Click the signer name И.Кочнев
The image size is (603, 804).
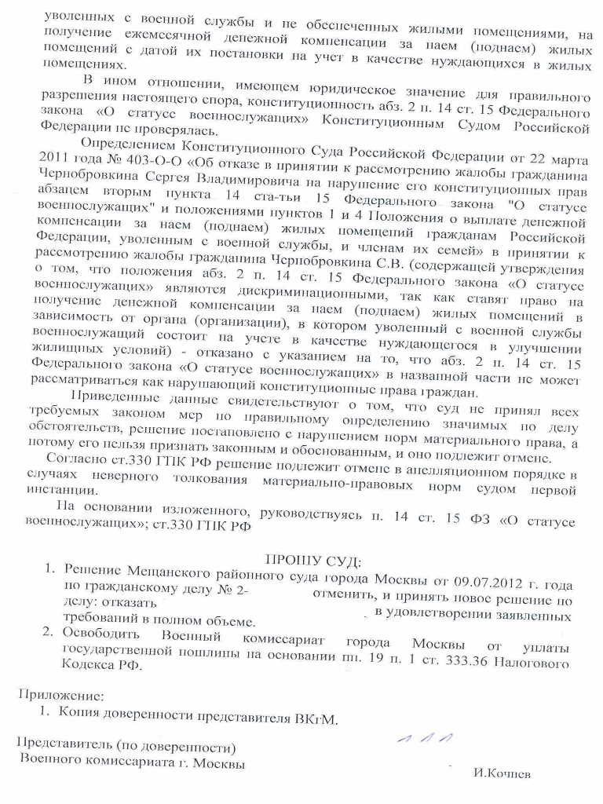502,773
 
